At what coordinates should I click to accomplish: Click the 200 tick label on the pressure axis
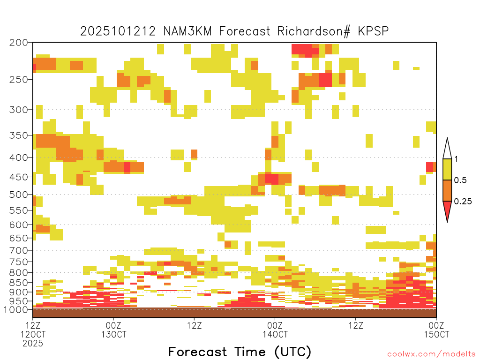coord(18,43)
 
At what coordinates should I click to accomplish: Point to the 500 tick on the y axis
coord(18,195)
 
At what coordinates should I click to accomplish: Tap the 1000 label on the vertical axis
coord(16,310)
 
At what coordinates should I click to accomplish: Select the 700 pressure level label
coord(18,250)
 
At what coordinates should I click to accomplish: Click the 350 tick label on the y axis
coord(18,135)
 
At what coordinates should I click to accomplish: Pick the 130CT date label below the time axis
coord(113,334)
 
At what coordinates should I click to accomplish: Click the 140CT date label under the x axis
coord(275,334)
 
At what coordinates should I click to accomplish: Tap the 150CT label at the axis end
coord(436,334)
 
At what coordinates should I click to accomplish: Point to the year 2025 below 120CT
coord(33,344)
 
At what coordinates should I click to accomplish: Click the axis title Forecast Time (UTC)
coord(240,352)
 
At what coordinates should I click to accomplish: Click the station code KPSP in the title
coord(373,31)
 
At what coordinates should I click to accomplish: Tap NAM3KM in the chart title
coord(187,31)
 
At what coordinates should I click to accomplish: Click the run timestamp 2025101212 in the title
coord(118,31)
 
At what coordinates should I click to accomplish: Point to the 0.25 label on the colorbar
coord(463,202)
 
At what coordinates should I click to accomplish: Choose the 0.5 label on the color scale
coord(460,180)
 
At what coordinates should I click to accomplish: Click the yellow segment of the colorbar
coord(447,169)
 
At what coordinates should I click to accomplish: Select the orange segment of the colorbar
coord(447,190)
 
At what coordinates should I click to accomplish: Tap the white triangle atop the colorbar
coord(447,150)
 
